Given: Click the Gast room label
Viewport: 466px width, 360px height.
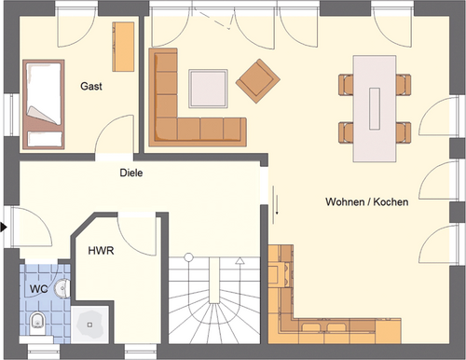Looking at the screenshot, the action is point(91,86).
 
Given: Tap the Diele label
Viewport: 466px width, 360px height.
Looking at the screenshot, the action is point(131,173).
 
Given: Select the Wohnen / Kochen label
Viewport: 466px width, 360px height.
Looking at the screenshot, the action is point(367,201).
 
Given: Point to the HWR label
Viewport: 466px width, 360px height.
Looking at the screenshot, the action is point(101,251).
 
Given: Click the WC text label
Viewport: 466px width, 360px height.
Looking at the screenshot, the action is point(38,289).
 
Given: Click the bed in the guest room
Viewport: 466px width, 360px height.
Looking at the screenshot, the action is point(44,104).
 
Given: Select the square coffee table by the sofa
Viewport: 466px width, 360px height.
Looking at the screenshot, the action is point(208,89).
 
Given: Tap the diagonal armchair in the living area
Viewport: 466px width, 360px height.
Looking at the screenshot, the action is point(258,81).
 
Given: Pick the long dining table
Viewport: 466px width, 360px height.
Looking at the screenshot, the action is point(375,109).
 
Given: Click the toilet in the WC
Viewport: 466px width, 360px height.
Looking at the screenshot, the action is point(38,321).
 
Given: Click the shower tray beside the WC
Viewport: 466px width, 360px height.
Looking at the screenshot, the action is point(89,325).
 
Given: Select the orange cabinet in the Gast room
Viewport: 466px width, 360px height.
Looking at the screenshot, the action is point(123,47).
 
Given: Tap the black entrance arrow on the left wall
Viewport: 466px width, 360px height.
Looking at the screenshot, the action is point(4,227).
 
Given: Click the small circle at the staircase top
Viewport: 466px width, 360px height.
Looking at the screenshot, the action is point(188,257).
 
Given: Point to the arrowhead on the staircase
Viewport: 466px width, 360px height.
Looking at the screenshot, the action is point(240,260).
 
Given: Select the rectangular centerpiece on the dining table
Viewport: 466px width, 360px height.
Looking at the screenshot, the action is point(375,108).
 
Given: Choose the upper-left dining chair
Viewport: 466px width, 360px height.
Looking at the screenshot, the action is point(346,84).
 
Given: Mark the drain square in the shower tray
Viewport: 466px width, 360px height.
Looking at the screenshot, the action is point(89,325).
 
